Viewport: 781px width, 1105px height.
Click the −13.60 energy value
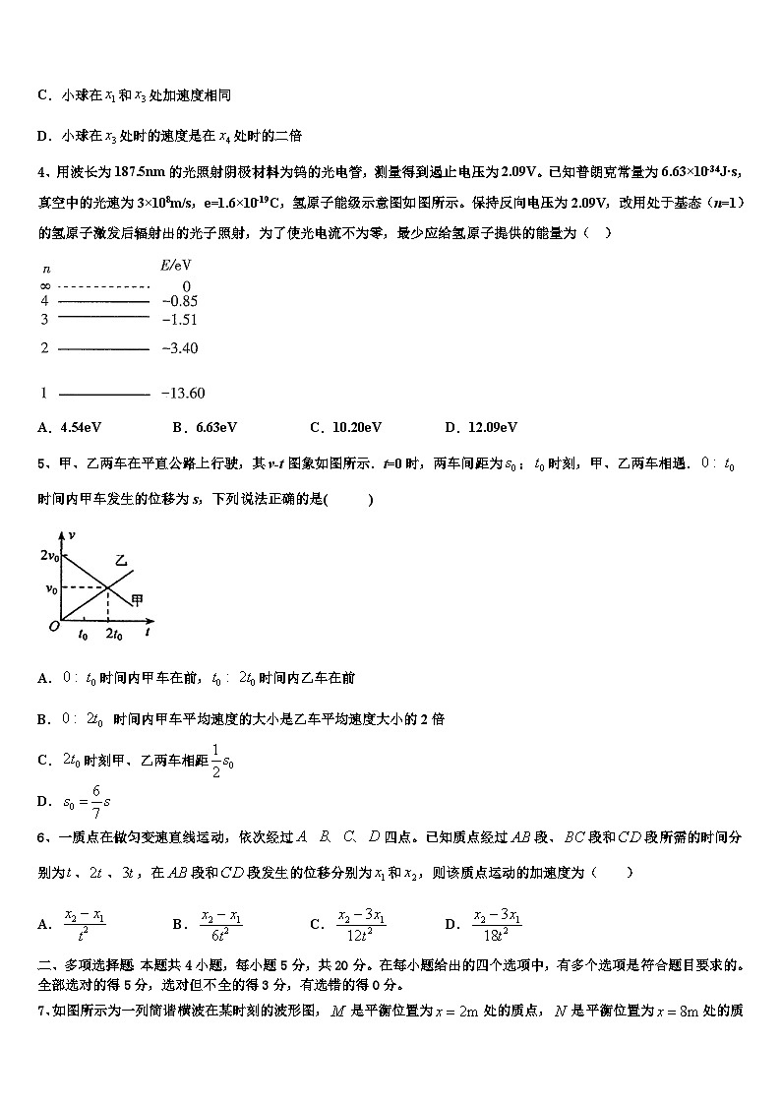click(182, 394)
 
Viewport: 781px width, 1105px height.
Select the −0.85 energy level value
click(179, 301)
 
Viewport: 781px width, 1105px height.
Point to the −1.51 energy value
click(179, 320)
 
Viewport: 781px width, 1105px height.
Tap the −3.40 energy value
click(179, 348)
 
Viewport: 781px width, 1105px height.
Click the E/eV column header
click(174, 266)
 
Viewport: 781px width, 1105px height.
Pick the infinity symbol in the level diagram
click(45, 286)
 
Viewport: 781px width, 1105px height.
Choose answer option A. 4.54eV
click(71, 427)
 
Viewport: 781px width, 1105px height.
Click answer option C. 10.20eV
click(345, 427)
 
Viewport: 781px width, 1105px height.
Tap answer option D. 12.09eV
click(481, 427)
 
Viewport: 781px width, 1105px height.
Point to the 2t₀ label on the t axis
click(114, 635)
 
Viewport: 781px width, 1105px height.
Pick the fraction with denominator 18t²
click(497, 923)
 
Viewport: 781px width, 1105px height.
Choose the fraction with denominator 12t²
click(361, 923)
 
